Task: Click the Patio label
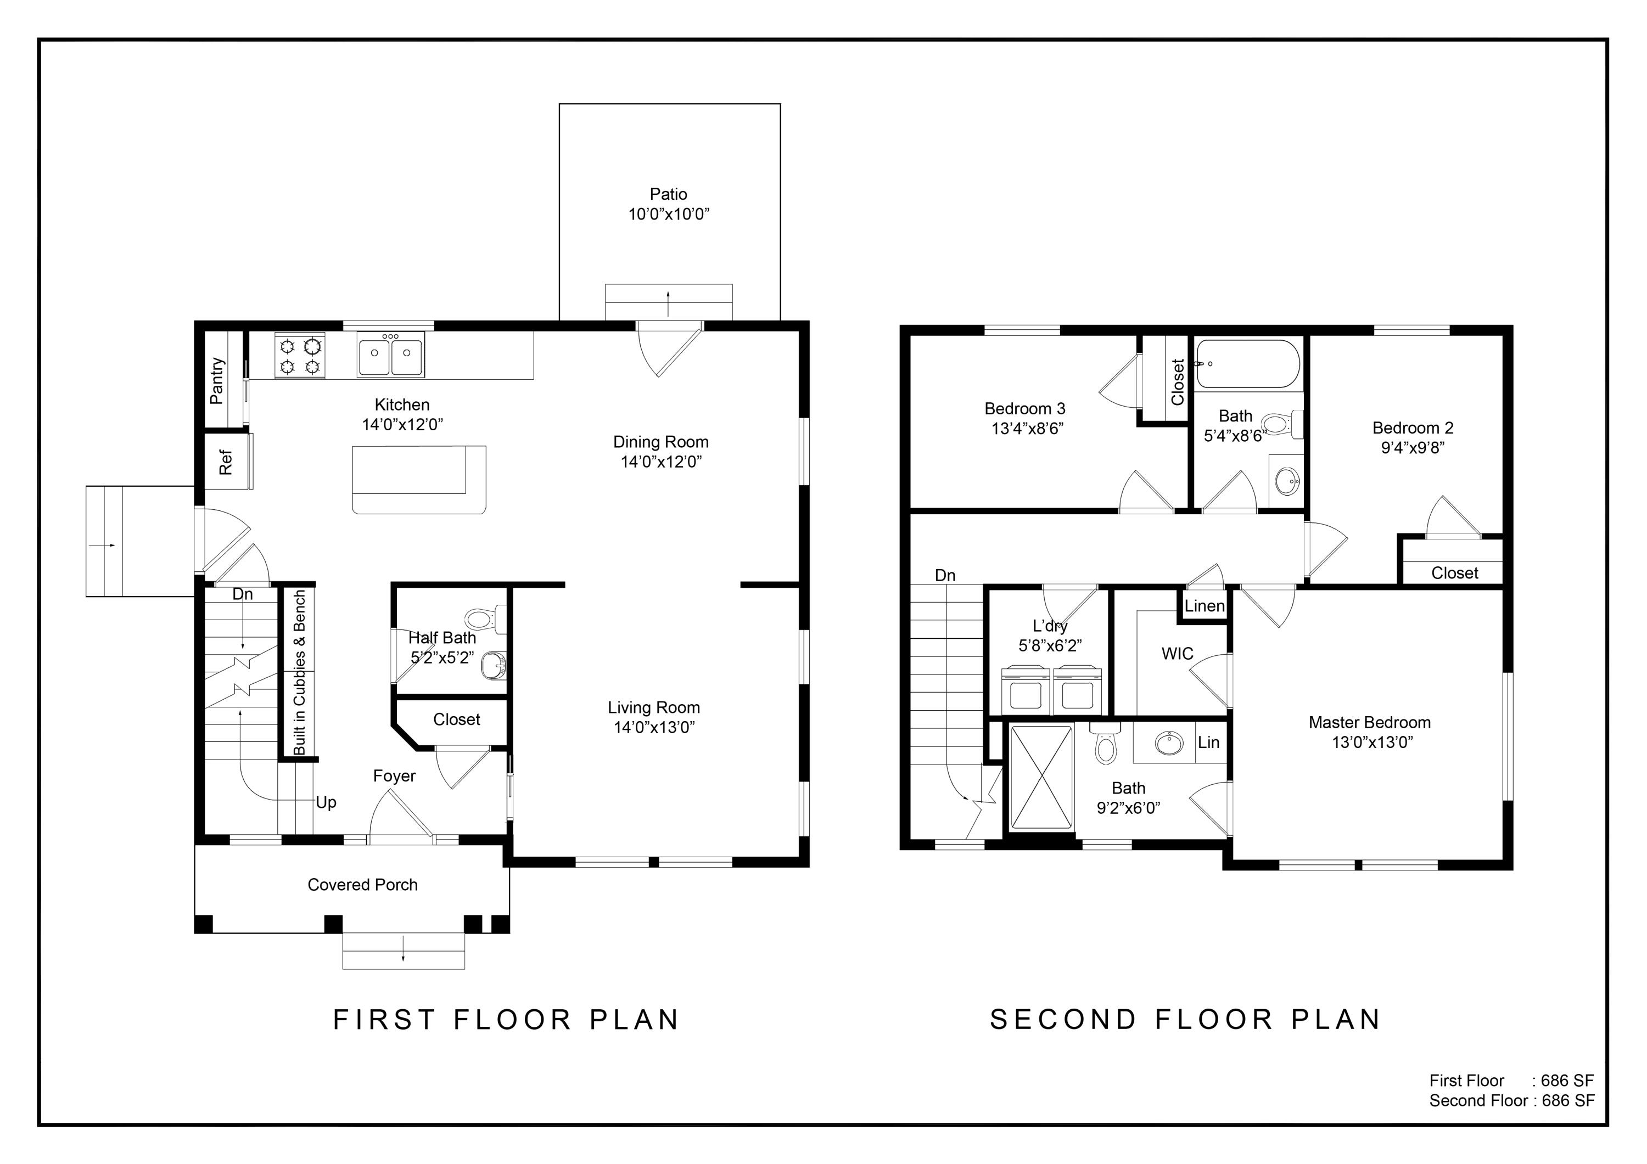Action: pyautogui.click(x=668, y=194)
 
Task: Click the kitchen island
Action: pyautogui.click(x=419, y=479)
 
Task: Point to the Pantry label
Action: pyautogui.click(x=217, y=381)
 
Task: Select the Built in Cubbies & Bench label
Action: pyautogui.click(x=299, y=672)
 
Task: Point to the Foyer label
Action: pyautogui.click(x=394, y=776)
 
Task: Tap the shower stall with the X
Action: pyautogui.click(x=1041, y=778)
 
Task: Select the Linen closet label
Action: pyautogui.click(x=1205, y=606)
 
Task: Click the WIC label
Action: pyautogui.click(x=1177, y=654)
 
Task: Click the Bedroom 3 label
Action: pyautogui.click(x=1024, y=409)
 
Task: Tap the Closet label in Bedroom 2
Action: pyautogui.click(x=1454, y=573)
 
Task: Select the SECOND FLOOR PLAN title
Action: pyautogui.click(x=1185, y=1019)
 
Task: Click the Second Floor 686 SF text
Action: pyautogui.click(x=1511, y=1101)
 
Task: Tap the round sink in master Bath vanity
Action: pyautogui.click(x=1169, y=743)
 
